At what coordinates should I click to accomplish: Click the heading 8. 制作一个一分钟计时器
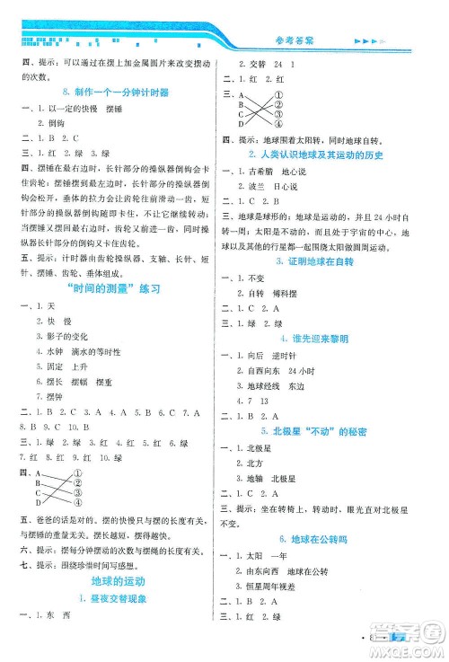112,93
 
